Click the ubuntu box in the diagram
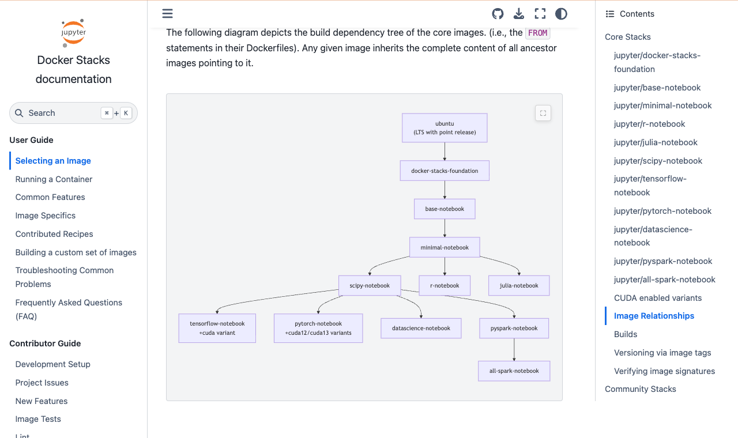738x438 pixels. pyautogui.click(x=445, y=128)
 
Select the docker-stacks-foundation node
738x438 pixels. pyautogui.click(x=445, y=171)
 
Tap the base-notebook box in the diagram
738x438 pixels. pyautogui.click(x=445, y=209)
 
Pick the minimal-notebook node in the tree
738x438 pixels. pyautogui.click(x=445, y=247)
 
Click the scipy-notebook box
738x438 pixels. pyautogui.click(x=370, y=285)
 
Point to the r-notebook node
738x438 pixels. pyautogui.click(x=445, y=285)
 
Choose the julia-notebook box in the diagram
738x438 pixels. pyautogui.click(x=519, y=285)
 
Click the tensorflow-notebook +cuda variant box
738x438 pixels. pyautogui.click(x=217, y=328)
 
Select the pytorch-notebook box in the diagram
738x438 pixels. pyautogui.click(x=318, y=328)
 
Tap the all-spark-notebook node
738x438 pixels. pyautogui.click(x=514, y=371)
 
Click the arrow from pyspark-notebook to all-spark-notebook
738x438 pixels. pyautogui.click(x=514, y=349)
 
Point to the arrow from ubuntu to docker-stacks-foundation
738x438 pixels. pyautogui.click(x=445, y=152)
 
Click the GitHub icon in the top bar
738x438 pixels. pyautogui.click(x=498, y=14)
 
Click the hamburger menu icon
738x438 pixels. pyautogui.click(x=167, y=13)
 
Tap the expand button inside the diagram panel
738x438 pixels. pyautogui.click(x=543, y=114)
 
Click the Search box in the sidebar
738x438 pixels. pyautogui.click(x=73, y=113)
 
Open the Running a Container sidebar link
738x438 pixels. pyautogui.click(x=54, y=179)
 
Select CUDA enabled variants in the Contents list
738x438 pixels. pyautogui.click(x=658, y=298)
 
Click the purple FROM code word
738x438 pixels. pyautogui.click(x=537, y=33)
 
